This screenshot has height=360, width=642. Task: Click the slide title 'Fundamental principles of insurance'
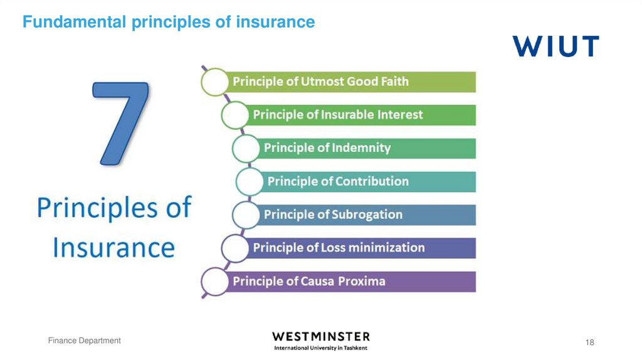coord(168,23)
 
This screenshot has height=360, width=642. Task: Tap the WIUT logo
coord(555,46)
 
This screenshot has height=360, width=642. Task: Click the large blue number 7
coord(122,122)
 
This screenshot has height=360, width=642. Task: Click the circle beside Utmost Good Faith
coord(214,82)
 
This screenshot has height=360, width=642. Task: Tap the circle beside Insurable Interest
coord(234,115)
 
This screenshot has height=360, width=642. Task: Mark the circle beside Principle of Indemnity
coord(245,148)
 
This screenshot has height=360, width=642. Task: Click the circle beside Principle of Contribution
coord(249,181)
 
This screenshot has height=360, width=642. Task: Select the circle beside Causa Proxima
coord(214,281)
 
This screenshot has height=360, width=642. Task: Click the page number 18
coord(589,342)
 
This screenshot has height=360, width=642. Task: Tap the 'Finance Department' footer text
coord(85,341)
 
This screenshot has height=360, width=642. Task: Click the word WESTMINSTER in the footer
coord(320,337)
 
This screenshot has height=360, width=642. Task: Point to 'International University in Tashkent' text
coord(320,348)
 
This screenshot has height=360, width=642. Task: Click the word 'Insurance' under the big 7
coord(113,246)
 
